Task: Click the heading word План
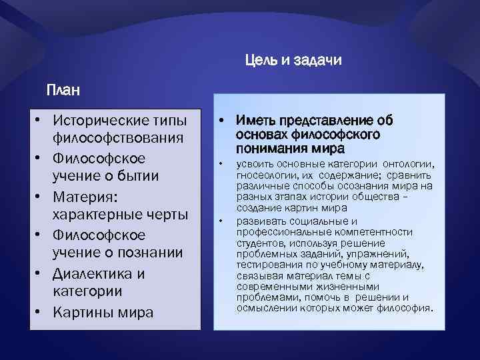pos(62,89)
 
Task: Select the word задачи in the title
pos(317,61)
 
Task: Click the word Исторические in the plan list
pos(103,121)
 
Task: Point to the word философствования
pos(118,139)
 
